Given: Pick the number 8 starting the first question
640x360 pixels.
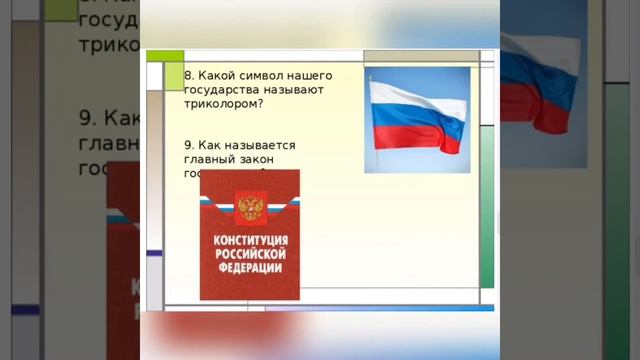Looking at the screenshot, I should [x=188, y=76].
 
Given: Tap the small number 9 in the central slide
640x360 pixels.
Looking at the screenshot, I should [x=188, y=145].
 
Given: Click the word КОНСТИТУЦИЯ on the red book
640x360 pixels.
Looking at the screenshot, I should [x=250, y=242].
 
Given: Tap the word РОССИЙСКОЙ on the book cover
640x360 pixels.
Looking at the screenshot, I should [x=250, y=255].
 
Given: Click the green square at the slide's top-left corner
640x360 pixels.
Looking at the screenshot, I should [x=174, y=76].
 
